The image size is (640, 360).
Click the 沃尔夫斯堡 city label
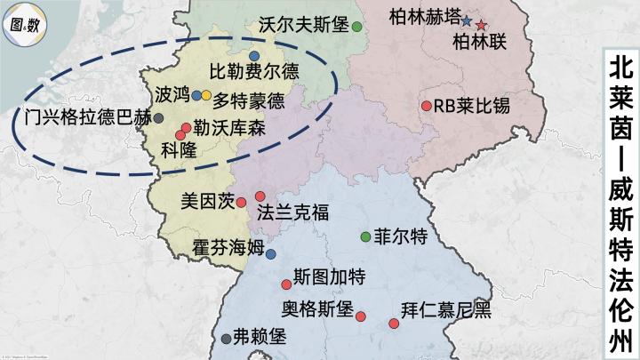tap(303, 26)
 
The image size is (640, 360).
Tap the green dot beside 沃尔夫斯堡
tap(356, 26)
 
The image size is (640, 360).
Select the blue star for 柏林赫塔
tap(466, 20)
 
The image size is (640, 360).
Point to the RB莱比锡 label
tap(471, 106)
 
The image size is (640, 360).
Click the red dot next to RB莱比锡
tap(426, 106)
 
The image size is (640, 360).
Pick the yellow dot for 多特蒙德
tap(206, 95)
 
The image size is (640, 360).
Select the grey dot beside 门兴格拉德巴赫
tap(158, 117)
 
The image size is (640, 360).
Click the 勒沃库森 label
tap(229, 129)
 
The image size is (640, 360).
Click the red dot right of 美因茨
tap(241, 203)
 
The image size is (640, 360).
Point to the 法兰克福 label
tap(292, 212)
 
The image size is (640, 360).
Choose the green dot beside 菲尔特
tap(365, 236)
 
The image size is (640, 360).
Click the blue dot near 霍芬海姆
tap(270, 254)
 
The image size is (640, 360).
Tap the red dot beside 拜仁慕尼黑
tap(393, 323)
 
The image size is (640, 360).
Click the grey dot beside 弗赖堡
tap(226, 338)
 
